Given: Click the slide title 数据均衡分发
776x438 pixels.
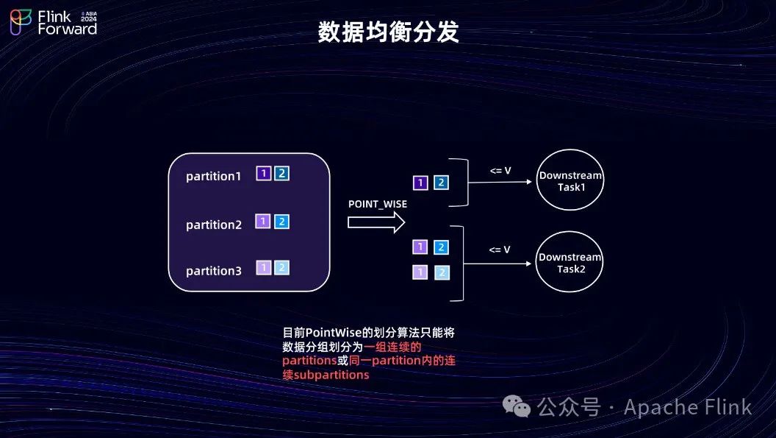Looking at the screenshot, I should pos(388,32).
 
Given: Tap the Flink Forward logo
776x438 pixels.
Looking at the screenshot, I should pos(54,22).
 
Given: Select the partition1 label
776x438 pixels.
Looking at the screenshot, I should pos(213,177).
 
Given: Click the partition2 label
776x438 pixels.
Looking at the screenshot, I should pos(213,225).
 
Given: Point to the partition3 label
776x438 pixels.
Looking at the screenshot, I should pos(213,271).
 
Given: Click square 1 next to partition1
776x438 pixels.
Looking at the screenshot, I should pos(263,174).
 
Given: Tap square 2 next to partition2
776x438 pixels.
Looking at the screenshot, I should pos(281,221).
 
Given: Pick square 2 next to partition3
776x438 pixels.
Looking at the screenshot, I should pos(281,268).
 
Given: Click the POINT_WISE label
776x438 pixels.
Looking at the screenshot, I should pos(377,204).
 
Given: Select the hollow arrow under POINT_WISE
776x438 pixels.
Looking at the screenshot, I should pos(376,221).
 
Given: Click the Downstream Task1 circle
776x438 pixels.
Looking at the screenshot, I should pos(570,181).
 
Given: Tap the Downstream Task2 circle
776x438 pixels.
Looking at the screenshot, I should pos(570,262).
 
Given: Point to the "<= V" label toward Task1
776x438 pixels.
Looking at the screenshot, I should pos(500,171).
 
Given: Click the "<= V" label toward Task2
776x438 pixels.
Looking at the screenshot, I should pos(500,250).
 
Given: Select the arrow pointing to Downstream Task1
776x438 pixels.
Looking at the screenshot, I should pos(500,184).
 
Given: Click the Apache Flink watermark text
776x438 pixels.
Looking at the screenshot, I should pos(688,407).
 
